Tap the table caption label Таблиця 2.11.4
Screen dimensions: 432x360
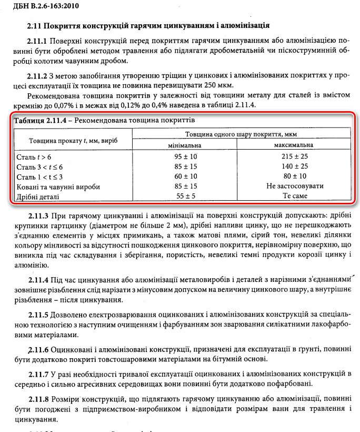(42, 120)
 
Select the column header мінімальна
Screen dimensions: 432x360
(185, 145)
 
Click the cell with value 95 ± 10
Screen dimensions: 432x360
(185, 157)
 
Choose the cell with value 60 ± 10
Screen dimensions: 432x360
(185, 176)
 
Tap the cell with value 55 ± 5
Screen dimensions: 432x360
(185, 196)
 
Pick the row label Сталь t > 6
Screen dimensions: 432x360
(34, 157)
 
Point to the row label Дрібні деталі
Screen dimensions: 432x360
(38, 197)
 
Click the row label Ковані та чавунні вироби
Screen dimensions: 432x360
(58, 186)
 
